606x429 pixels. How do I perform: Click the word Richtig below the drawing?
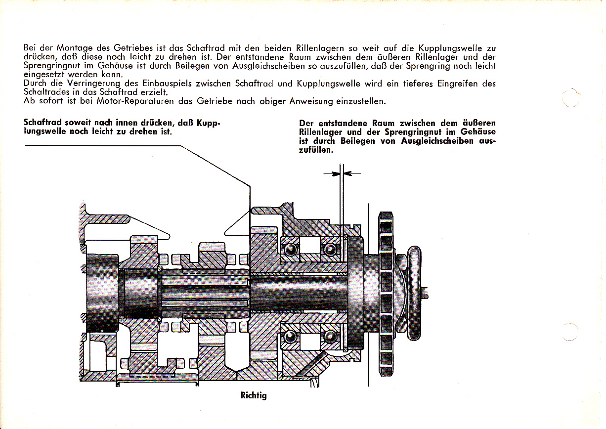[254, 395]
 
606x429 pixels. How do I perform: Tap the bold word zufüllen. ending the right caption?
[316, 150]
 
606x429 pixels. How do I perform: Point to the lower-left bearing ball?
[291, 337]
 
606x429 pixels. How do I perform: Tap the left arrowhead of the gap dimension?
[335, 173]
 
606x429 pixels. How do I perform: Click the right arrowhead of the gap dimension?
[346, 173]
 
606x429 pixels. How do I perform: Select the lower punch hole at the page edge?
[570, 332]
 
